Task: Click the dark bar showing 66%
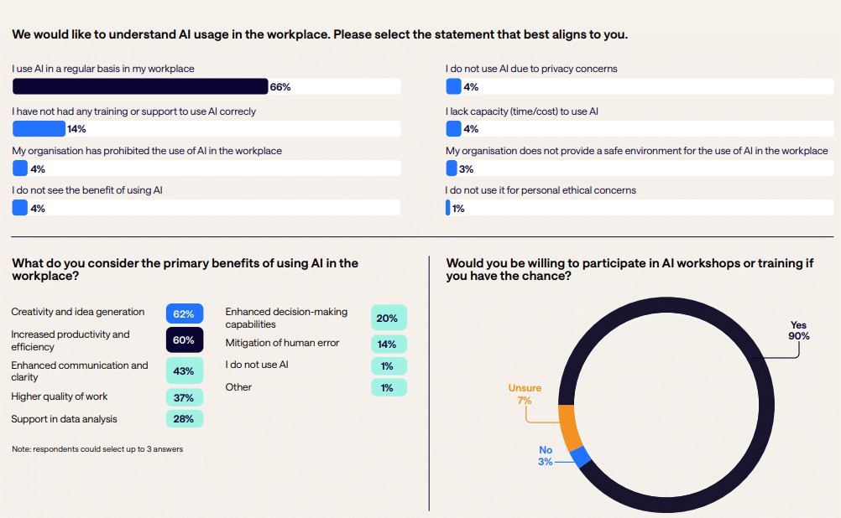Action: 140,86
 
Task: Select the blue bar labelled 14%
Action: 39,128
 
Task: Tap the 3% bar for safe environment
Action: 452,168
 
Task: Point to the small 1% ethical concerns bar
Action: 448,208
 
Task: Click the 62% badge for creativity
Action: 185,313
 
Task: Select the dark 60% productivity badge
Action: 185,340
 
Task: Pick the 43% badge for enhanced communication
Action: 185,370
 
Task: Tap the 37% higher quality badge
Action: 185,397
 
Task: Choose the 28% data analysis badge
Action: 185,418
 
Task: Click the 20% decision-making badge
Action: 389,318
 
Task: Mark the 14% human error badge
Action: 389,344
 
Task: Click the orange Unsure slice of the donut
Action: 565,427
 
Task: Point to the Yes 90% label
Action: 798,330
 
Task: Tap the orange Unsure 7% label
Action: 525,394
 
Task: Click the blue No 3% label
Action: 546,456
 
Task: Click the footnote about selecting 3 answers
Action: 97,449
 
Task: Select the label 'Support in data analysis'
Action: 64,418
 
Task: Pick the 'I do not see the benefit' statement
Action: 87,190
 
